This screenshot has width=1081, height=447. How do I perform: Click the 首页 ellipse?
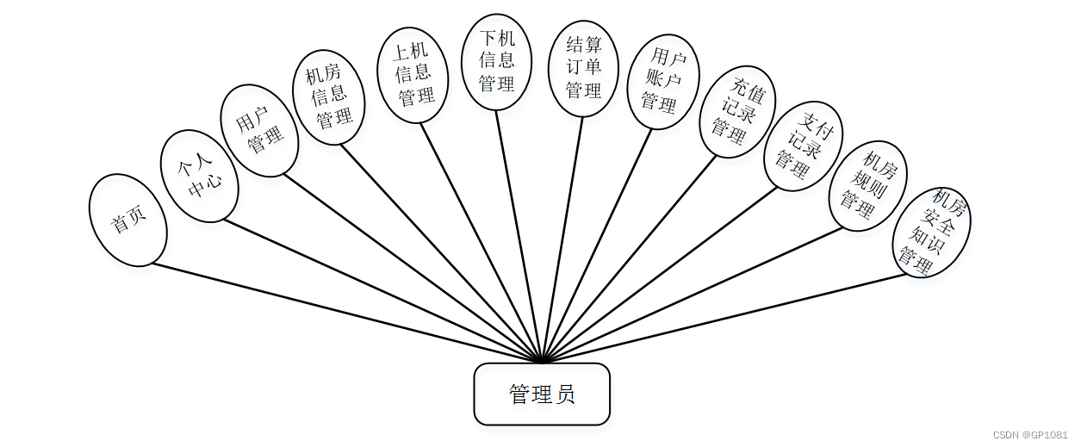(127, 220)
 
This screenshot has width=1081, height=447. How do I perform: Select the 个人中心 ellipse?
(199, 176)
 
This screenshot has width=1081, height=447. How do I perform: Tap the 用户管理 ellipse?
(259, 131)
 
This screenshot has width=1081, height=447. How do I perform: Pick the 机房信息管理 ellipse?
(329, 96)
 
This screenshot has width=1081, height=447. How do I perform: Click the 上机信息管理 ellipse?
(413, 75)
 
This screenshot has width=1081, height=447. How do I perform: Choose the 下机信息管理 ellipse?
(497, 62)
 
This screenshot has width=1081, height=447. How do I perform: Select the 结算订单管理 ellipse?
(583, 68)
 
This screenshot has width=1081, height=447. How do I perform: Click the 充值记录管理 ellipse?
(737, 112)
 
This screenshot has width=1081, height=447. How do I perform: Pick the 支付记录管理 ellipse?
(803, 146)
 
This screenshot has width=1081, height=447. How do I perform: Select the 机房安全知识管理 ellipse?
(931, 232)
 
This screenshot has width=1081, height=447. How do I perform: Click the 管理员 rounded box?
(542, 394)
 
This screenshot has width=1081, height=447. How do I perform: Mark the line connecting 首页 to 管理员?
(345, 312)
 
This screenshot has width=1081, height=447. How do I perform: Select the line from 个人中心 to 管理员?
(383, 291)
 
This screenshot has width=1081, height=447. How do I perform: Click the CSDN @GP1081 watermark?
(1030, 435)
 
